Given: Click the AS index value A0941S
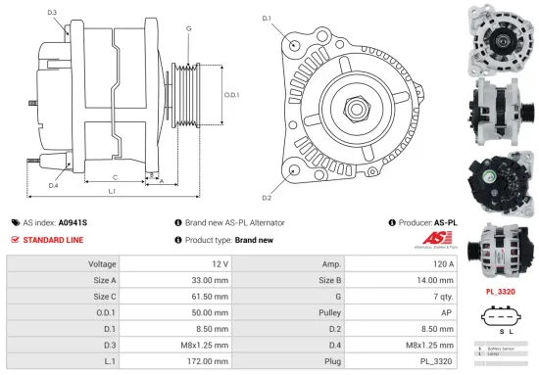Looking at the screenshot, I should (73, 222).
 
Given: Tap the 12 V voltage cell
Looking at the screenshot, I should (219, 264).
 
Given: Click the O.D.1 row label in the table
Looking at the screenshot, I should (104, 310).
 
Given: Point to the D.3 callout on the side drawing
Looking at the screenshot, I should (51, 12).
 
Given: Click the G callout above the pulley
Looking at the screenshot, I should (188, 28).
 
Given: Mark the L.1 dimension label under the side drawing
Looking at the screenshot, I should (112, 191).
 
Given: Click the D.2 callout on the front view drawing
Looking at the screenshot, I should (267, 170).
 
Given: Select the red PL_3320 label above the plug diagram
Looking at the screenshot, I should (501, 291).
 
